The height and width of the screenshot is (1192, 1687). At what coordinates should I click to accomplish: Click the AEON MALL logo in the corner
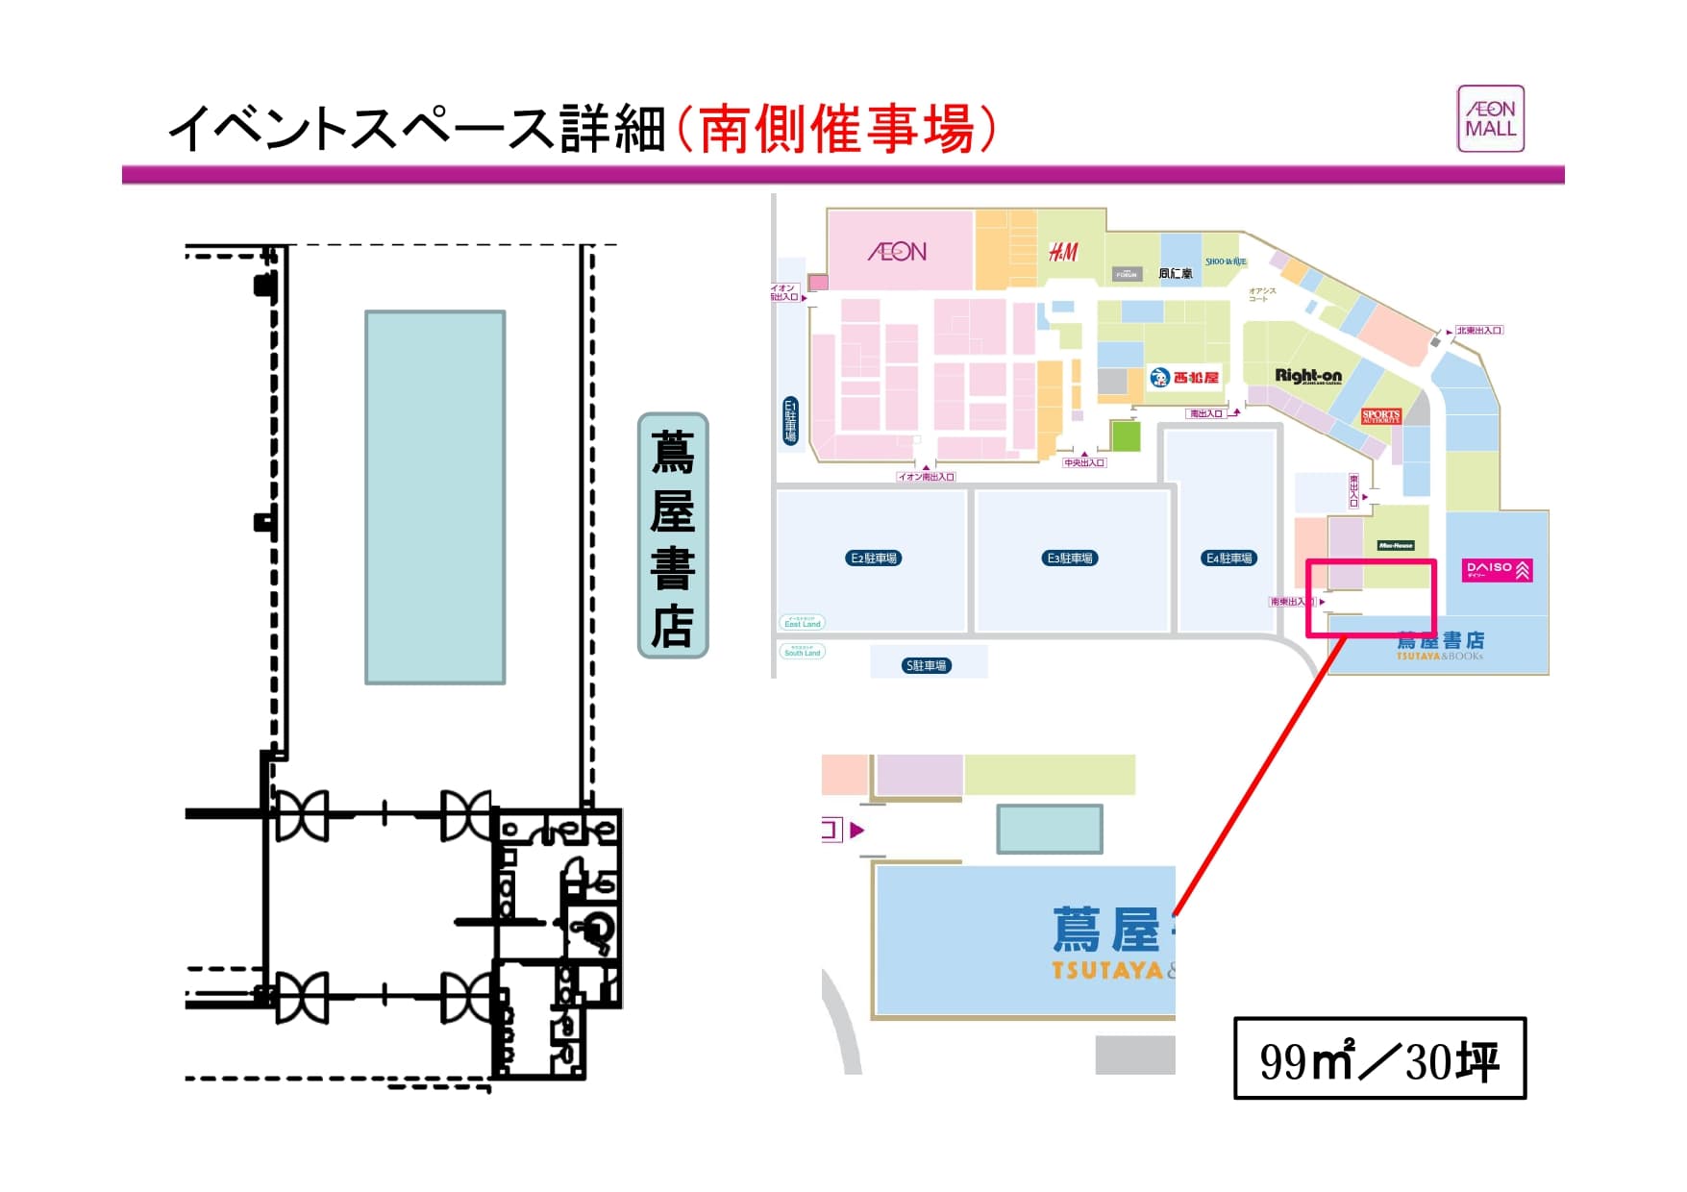[1490, 119]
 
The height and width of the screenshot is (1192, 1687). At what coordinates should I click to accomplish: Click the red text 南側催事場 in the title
[836, 129]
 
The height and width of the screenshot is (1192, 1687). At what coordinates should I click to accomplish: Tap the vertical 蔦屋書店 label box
[673, 535]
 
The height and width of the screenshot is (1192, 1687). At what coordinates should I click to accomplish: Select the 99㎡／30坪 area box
[1379, 1058]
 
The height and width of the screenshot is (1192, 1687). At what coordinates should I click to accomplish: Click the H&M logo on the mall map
[1063, 252]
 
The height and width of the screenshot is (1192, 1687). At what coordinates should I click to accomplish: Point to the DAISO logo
[1497, 570]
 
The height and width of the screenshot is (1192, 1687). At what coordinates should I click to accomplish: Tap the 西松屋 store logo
[1184, 378]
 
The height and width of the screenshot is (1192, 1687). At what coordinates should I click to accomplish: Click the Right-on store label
[1307, 376]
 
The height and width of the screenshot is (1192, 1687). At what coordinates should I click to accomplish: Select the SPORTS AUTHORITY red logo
[1380, 416]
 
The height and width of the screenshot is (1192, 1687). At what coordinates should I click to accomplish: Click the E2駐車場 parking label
[874, 558]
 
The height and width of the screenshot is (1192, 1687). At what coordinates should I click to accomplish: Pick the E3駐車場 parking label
[1070, 558]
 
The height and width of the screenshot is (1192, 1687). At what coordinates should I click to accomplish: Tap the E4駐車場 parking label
[1229, 558]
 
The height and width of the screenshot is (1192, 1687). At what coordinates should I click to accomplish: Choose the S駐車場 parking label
[926, 665]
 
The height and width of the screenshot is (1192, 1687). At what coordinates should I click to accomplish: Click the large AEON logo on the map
[897, 252]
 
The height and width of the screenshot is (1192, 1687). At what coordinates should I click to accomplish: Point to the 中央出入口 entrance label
[1084, 462]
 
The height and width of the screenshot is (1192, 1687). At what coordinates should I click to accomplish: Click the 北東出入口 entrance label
[1478, 331]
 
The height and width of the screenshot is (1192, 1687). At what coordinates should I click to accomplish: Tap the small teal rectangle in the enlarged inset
[1049, 829]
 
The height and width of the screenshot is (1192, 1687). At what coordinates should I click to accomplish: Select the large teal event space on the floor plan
[434, 497]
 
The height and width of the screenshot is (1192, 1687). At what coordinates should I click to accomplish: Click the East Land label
[803, 623]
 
